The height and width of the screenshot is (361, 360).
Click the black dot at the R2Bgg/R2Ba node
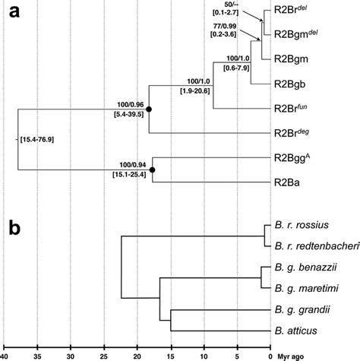click(x=153, y=169)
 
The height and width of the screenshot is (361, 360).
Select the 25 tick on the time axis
click(x=103, y=353)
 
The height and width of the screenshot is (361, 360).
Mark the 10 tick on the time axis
click(x=204, y=353)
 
